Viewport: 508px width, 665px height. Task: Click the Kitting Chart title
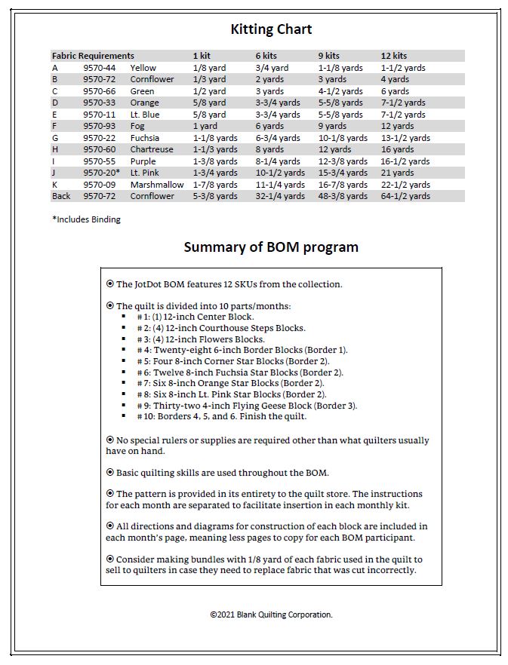coord(271,29)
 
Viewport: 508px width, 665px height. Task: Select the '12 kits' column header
coord(393,56)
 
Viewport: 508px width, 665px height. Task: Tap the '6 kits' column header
coord(266,56)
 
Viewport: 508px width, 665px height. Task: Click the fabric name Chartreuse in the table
coord(151,149)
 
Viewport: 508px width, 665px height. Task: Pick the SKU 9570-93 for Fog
coord(99,126)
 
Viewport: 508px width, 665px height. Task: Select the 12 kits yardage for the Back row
coord(405,196)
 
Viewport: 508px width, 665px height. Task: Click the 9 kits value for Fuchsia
coord(343,138)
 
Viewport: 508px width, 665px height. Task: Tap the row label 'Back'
coord(61,196)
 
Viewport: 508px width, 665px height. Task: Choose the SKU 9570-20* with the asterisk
coord(101,173)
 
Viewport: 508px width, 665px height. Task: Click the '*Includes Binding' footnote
coord(86,219)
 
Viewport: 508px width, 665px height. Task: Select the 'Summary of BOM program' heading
coord(271,247)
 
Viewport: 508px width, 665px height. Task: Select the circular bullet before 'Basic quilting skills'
coord(110,473)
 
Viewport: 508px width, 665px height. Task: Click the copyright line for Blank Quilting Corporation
coord(271,614)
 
